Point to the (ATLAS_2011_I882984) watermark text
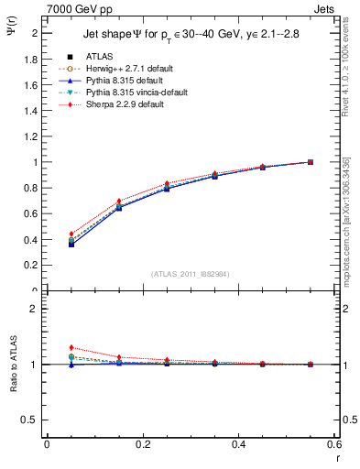click(x=191, y=274)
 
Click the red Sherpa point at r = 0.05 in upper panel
click(x=71, y=234)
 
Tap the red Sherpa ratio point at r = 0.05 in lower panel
click(x=71, y=347)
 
